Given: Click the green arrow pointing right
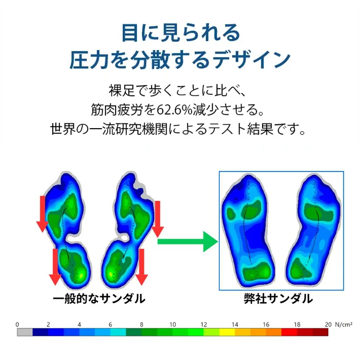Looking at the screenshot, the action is pos(188,241).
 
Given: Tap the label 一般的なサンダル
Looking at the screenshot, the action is pos(99,299).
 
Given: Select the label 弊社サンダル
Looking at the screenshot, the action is pos(278,299).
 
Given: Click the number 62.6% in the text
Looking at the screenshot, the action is pos(175,109).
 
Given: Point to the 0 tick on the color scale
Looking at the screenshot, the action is pos(17,325).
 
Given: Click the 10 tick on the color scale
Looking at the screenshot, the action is pos(173,325).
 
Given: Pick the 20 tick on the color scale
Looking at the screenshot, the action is pos(328,325).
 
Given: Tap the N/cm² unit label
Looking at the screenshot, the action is pos(344,325).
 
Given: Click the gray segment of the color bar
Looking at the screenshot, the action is pos(24,332).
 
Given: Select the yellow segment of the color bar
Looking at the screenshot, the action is pos(227,332).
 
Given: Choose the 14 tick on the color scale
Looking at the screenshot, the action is pos(235,325).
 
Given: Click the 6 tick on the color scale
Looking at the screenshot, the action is pos(110,325).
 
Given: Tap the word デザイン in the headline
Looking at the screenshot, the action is pos(251,60).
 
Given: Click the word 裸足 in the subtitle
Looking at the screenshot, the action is pos(121,90).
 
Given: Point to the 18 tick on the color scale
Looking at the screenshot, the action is pos(297,325).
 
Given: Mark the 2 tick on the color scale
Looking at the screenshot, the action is pos(48,325).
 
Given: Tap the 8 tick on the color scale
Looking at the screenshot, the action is pos(142,325).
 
